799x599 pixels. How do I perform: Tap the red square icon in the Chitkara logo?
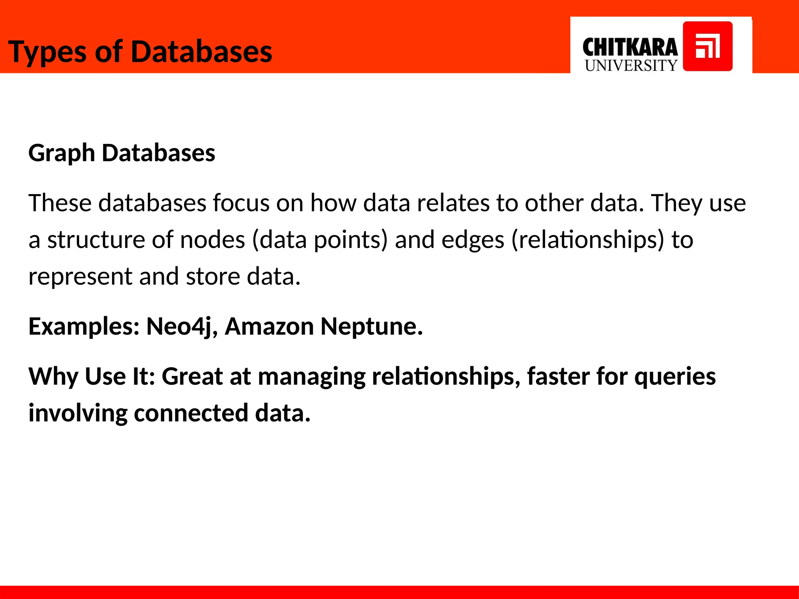(x=707, y=46)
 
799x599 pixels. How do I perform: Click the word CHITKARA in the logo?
(x=630, y=48)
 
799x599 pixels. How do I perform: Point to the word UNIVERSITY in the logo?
(x=631, y=66)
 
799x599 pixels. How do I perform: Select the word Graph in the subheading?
(x=62, y=153)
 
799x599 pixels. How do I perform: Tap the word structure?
(x=96, y=240)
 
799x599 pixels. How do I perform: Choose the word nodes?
(x=212, y=240)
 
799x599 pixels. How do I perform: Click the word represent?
(x=80, y=277)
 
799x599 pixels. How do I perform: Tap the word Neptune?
(x=371, y=327)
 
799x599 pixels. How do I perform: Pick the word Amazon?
(x=269, y=327)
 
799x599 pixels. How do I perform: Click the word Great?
(x=192, y=377)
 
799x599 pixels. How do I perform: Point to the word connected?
(x=191, y=413)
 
